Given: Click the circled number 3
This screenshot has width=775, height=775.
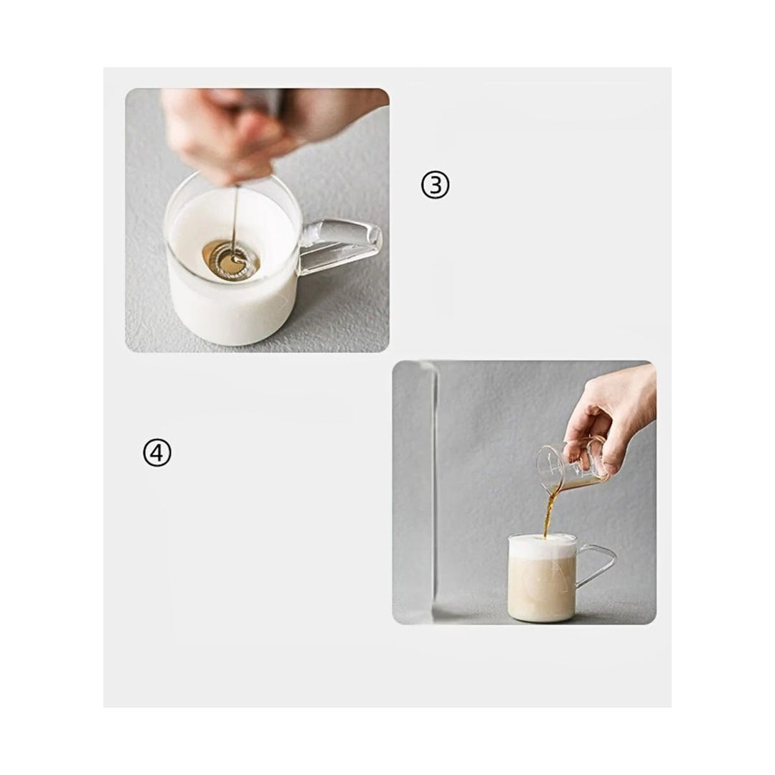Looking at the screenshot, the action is (435, 185).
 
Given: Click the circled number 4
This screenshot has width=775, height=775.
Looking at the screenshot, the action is (156, 453).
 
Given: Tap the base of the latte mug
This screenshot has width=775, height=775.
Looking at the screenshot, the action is (542, 618).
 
